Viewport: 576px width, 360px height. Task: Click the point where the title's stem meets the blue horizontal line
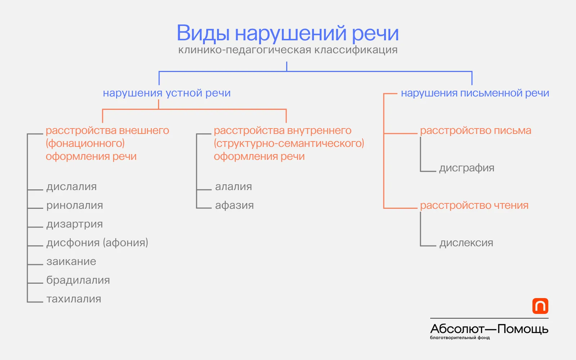click(x=287, y=71)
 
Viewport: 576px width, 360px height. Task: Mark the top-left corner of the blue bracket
click(x=159, y=72)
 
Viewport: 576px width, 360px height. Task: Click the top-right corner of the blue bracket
click(x=472, y=72)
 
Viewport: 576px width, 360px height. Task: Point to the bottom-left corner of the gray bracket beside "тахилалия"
click(x=27, y=302)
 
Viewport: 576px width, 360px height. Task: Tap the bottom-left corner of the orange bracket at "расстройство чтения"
click(x=384, y=208)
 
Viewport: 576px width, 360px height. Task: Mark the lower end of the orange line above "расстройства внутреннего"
click(x=286, y=123)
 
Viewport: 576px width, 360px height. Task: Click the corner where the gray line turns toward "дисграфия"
click(x=421, y=171)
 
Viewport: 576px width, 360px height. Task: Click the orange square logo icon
click(x=540, y=306)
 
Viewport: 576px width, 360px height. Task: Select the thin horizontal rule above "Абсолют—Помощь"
click(x=489, y=318)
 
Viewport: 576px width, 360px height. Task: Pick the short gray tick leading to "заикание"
click(x=35, y=265)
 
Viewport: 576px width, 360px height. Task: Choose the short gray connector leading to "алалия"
click(x=204, y=190)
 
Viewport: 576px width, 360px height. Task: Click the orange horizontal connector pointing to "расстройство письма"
click(x=400, y=134)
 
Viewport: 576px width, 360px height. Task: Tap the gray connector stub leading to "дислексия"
click(x=428, y=246)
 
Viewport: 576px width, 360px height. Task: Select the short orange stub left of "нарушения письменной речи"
click(x=390, y=94)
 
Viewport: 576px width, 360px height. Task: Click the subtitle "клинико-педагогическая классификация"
click(x=288, y=50)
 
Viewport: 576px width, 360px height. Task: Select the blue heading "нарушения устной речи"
click(x=167, y=93)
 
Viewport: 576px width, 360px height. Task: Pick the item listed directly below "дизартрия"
click(x=97, y=243)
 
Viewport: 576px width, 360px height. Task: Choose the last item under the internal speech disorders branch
click(x=234, y=205)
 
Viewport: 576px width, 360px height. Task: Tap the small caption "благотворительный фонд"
click(x=460, y=338)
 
